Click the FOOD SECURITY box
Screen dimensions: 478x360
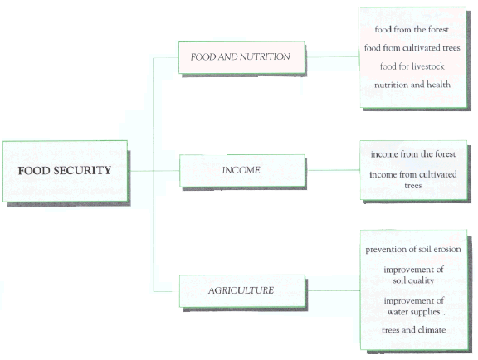point(65,171)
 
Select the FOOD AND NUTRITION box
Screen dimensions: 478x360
point(241,57)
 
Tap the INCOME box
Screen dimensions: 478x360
point(241,170)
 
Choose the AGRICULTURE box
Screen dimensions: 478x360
point(242,291)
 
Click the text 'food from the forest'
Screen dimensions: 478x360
point(412,30)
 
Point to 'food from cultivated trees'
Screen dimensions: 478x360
point(412,48)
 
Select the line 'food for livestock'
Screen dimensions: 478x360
point(412,66)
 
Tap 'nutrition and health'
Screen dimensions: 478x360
point(412,85)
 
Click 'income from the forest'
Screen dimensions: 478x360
point(413,154)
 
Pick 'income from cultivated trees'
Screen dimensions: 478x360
point(413,180)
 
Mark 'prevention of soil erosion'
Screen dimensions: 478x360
point(413,250)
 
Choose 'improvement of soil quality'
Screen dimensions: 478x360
point(413,275)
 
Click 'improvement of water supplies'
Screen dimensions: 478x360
point(413,306)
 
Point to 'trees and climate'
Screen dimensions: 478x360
point(413,330)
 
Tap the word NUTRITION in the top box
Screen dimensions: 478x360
point(265,56)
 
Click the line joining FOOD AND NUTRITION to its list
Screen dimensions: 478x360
point(332,56)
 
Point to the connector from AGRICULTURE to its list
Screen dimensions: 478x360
point(333,290)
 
